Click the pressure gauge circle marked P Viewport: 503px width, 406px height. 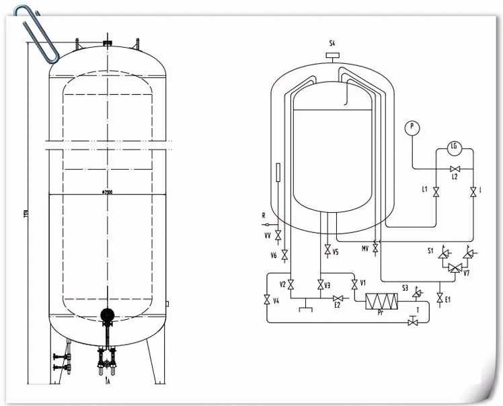[412, 127]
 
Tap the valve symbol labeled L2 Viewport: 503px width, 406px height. [455, 168]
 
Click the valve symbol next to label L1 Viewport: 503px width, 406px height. [436, 193]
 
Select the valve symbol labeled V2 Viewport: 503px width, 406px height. [291, 283]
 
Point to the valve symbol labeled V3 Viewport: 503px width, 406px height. [320, 284]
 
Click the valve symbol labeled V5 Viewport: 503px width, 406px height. [327, 252]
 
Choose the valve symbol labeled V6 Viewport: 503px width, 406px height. [284, 255]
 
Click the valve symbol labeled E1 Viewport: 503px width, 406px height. [439, 297]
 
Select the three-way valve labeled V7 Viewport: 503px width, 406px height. [455, 268]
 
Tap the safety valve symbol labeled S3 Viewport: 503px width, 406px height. [417, 292]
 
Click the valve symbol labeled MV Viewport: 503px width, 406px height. [375, 248]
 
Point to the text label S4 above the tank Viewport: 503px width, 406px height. [332, 44]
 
